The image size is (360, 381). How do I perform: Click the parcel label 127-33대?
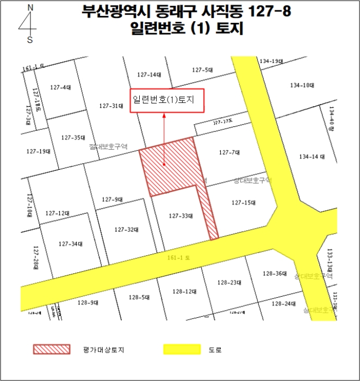(x=181, y=216)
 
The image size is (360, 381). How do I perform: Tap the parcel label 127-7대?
(x=229, y=152)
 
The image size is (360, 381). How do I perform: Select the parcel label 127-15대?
(x=243, y=202)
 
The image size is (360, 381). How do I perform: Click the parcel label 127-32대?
(x=126, y=230)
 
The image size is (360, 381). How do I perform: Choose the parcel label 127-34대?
(x=70, y=243)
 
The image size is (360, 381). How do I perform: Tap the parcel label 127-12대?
(x=57, y=213)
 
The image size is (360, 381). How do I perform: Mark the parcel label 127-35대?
(x=73, y=137)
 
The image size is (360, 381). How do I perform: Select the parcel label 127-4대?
(x=60, y=87)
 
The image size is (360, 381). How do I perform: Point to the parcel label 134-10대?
(x=302, y=85)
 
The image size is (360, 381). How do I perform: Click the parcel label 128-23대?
(x=229, y=282)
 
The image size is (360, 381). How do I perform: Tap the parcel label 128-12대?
(x=184, y=292)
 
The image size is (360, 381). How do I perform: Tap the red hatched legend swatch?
(x=52, y=349)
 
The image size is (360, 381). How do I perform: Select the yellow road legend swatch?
(x=182, y=349)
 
